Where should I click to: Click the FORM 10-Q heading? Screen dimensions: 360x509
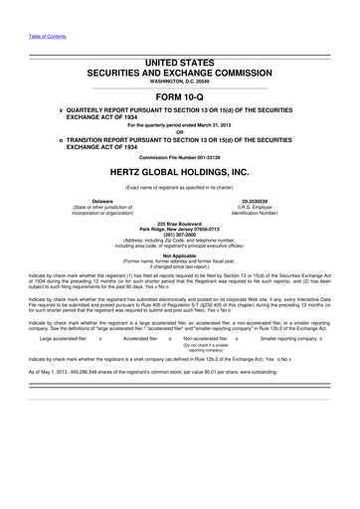[x=180, y=95]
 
